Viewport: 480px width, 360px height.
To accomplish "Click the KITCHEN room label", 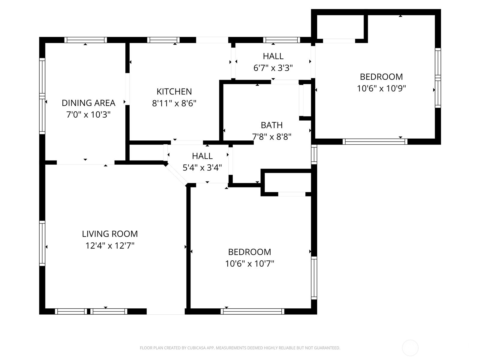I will pyautogui.click(x=174, y=91).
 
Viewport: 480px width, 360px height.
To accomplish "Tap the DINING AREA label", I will pyautogui.click(x=88, y=103).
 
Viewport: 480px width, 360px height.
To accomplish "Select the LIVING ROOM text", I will pyautogui.click(x=110, y=234).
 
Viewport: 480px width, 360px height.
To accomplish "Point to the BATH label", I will pyautogui.click(x=271, y=125).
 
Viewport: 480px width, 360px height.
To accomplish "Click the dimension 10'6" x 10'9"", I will pyautogui.click(x=381, y=88).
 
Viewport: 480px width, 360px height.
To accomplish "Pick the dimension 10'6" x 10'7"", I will pyautogui.click(x=250, y=264).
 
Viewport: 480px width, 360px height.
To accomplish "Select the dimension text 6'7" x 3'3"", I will pyautogui.click(x=273, y=68).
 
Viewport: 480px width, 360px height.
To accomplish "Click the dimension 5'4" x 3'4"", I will pyautogui.click(x=202, y=167).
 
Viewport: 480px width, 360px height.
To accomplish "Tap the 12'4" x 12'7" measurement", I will pyautogui.click(x=110, y=246).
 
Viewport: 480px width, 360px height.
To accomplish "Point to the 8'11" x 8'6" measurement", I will pyautogui.click(x=174, y=103).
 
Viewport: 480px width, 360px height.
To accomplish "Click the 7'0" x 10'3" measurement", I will pyautogui.click(x=88, y=115).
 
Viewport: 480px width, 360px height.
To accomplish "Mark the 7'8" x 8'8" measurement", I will pyautogui.click(x=271, y=137).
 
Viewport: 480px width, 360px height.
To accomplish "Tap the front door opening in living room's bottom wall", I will pyautogui.click(x=166, y=311).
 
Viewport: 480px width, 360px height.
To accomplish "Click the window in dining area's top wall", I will pyautogui.click(x=85, y=40).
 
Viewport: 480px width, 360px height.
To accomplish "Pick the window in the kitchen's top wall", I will pyautogui.click(x=163, y=40).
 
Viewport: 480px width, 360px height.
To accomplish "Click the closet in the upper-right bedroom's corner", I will pyautogui.click(x=340, y=27).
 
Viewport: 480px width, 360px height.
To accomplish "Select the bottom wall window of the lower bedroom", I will pyautogui.click(x=252, y=311).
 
